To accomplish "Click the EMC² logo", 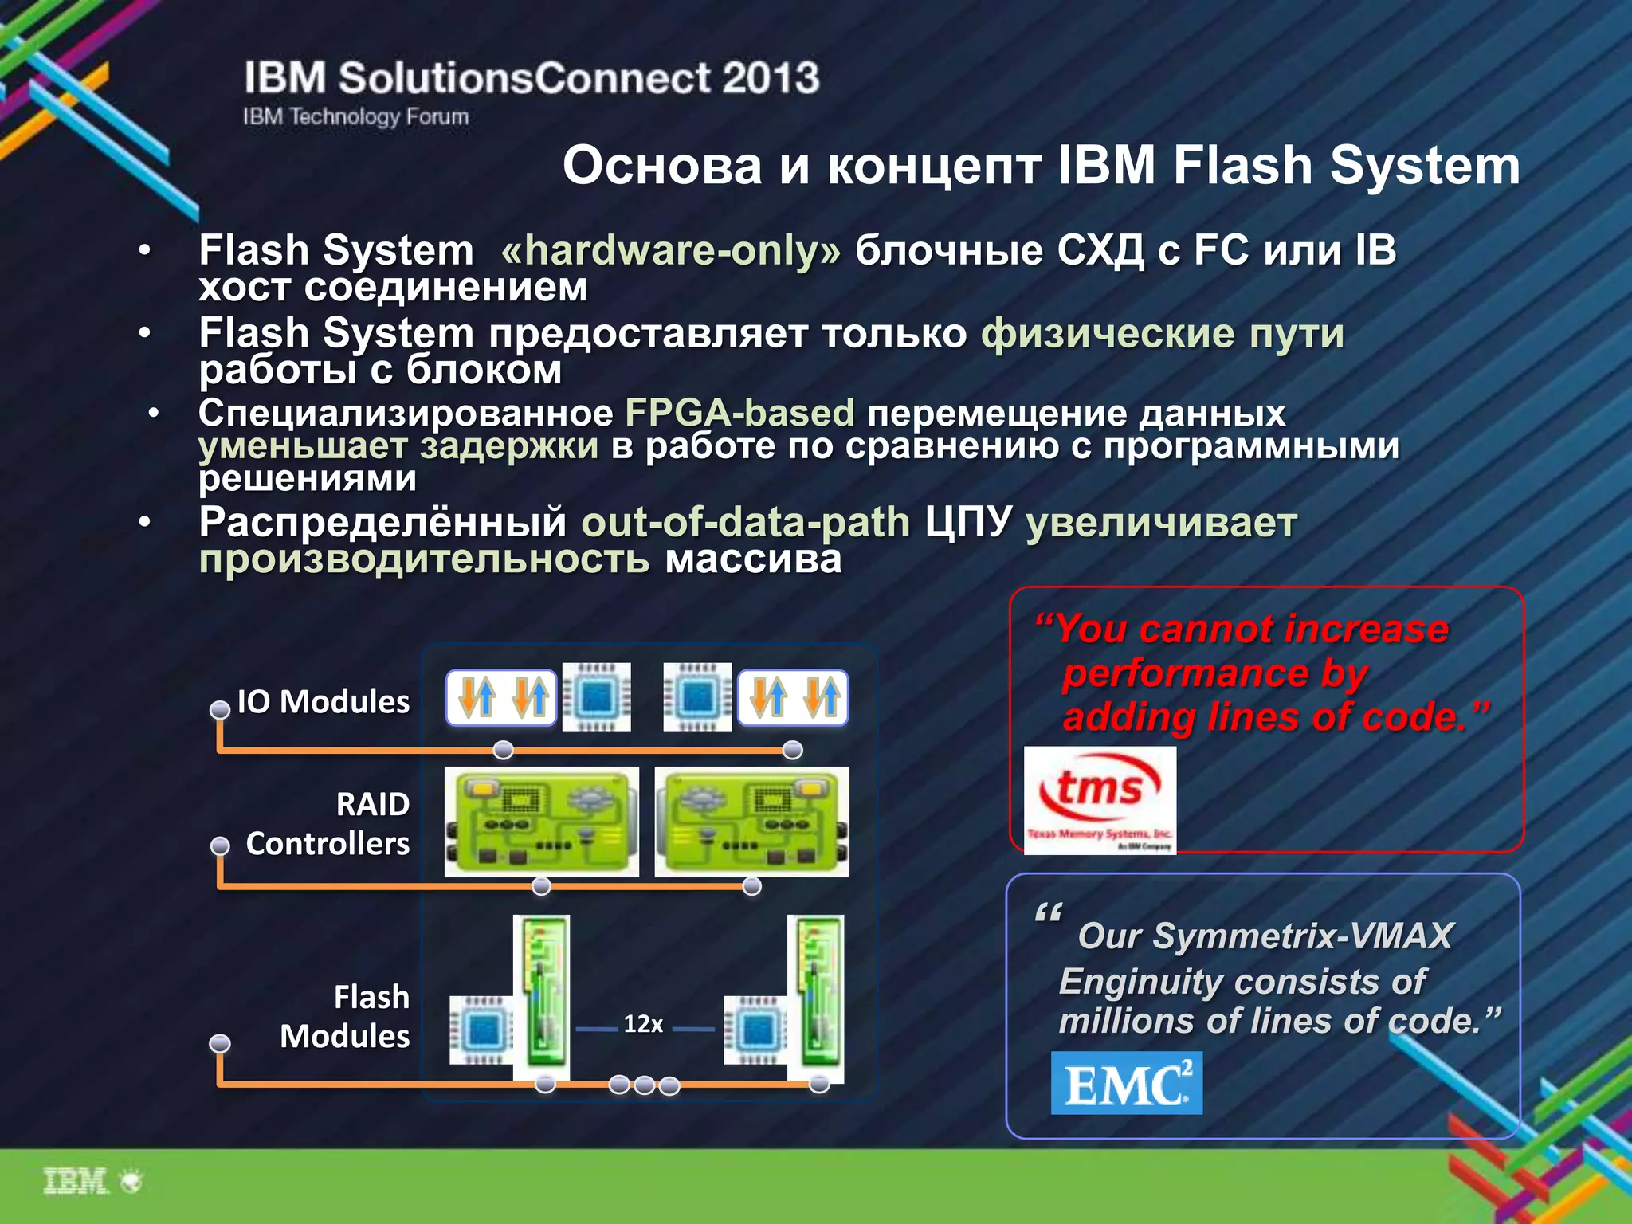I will click(1126, 1082).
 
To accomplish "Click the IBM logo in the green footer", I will click(76, 1181).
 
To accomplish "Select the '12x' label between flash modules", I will click(643, 1024).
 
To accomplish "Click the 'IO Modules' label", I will click(323, 701).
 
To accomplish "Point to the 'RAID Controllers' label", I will click(328, 823).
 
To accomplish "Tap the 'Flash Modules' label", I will click(345, 1016).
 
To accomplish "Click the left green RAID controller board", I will click(542, 822).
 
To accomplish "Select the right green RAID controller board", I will click(751, 822).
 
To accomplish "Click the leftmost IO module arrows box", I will click(501, 697).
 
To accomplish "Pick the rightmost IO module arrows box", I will click(793, 697).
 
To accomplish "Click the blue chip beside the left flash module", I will click(481, 1029).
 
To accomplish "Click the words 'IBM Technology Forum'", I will click(355, 116).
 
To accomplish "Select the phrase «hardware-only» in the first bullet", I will click(670, 250).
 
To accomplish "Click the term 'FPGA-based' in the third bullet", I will click(739, 413).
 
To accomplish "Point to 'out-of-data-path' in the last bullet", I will click(745, 523).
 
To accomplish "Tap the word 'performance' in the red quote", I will click(1186, 673).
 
